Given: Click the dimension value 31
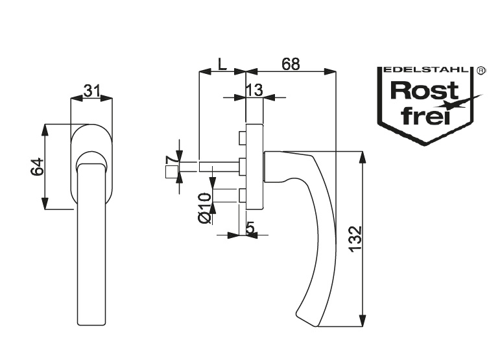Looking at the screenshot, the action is point(92,91).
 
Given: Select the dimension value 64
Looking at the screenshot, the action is point(37,167).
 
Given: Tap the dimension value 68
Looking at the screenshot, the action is point(291,64).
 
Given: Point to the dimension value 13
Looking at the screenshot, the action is point(254,90).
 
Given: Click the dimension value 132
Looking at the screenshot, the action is point(355,239).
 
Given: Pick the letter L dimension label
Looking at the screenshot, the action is point(222,64).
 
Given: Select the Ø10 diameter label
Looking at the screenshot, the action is point(204,208).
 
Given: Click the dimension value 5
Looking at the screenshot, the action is point(250,228).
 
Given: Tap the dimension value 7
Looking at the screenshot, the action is point(171,160).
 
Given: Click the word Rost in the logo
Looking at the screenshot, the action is point(424,90).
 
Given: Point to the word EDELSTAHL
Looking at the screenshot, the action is point(426,69).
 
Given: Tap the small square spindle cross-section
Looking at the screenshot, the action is point(172,172).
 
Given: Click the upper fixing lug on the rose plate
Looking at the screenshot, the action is point(243,138).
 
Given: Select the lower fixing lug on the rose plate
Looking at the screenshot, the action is point(243,196).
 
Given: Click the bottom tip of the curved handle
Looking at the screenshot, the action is point(317,327).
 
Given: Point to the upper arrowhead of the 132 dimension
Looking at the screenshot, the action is point(362,157).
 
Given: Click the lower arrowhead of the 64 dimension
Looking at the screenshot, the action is point(45,203).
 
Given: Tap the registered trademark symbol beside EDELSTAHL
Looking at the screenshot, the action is point(481,70).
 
